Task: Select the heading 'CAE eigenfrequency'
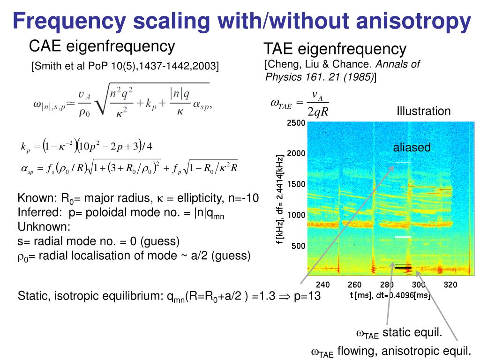(x=102, y=46)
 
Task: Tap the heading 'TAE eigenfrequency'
(x=335, y=48)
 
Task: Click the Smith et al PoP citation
(x=125, y=66)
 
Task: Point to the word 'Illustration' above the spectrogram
(x=423, y=111)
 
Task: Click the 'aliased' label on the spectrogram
(x=412, y=148)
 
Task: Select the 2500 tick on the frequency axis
(x=296, y=123)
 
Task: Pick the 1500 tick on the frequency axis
(x=296, y=184)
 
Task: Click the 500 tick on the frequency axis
(x=298, y=246)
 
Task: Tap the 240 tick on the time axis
(x=322, y=285)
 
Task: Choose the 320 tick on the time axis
(x=450, y=285)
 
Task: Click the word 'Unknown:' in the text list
(x=44, y=227)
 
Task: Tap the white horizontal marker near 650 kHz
(x=403, y=237)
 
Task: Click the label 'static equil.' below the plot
(x=412, y=333)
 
